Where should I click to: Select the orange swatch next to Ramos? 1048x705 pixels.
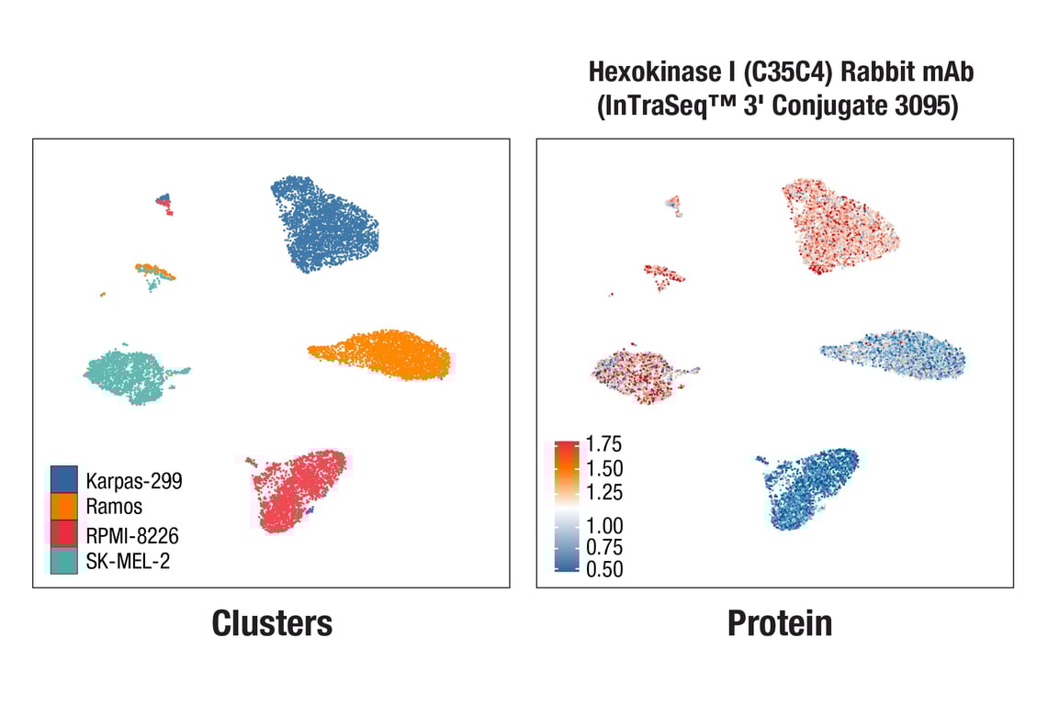point(63,506)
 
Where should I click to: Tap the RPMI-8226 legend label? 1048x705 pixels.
point(132,534)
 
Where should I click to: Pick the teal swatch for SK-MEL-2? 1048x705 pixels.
point(63,560)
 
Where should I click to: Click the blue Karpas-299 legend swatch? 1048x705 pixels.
point(63,478)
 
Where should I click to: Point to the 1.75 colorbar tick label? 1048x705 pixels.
point(603,445)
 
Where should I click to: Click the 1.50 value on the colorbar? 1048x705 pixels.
point(603,468)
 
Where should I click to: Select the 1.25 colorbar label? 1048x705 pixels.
point(603,492)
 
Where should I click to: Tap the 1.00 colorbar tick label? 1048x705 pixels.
point(603,526)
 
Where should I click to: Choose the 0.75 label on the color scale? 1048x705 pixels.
point(603,547)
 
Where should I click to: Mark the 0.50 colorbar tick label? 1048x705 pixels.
point(603,569)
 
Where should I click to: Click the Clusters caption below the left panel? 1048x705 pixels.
point(272,623)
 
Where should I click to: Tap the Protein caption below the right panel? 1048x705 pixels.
point(779,623)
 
